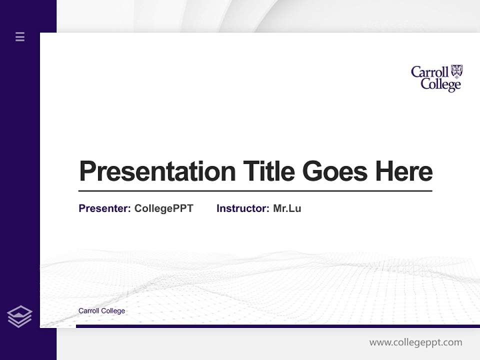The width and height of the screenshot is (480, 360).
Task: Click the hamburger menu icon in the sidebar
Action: pos(20,36)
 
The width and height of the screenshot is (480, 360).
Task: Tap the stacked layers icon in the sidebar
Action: pos(19,316)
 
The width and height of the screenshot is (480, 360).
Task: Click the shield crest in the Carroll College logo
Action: pos(456,71)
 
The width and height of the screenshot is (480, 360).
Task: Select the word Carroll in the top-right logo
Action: pos(429,72)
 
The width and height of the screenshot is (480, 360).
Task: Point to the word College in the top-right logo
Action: pos(440,84)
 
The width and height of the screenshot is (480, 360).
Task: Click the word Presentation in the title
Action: pos(157,172)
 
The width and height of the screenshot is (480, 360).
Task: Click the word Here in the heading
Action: pos(404,171)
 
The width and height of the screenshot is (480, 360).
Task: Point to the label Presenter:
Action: pos(104,208)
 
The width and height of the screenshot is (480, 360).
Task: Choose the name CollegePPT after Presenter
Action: pos(163,208)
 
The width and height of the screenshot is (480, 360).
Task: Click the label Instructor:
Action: pos(242,208)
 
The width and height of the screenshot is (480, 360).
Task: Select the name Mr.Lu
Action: pos(287,208)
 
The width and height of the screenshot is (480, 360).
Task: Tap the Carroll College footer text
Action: pos(101,311)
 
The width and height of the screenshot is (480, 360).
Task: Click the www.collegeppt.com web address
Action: pos(415,342)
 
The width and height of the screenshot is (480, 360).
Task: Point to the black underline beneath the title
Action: pos(255,190)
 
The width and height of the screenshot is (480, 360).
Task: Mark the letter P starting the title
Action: pos(88,171)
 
